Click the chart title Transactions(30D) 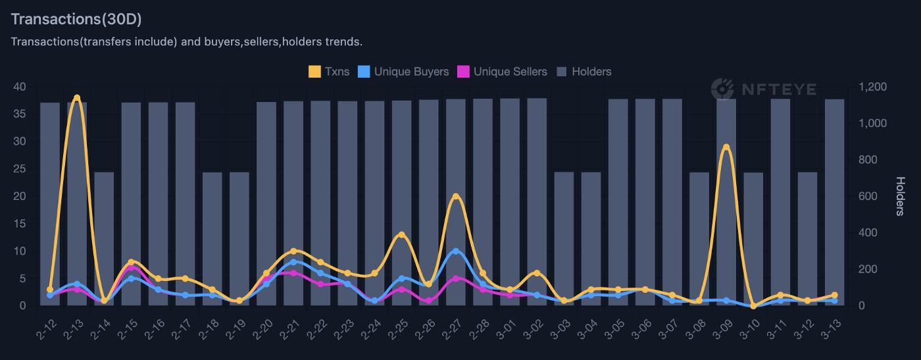pyautogui.click(x=76, y=19)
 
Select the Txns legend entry pyautogui.click(x=329, y=71)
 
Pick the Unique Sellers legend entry pyautogui.click(x=502, y=71)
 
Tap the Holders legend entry pyautogui.click(x=584, y=71)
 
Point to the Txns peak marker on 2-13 pyautogui.click(x=77, y=98)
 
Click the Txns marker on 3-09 pyautogui.click(x=726, y=147)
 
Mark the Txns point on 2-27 pyautogui.click(x=456, y=196)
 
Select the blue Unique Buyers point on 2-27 pyautogui.click(x=456, y=251)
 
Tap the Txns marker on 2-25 pyautogui.click(x=402, y=235)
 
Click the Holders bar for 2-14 pyautogui.click(x=104, y=239)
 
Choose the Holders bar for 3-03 pyautogui.click(x=564, y=239)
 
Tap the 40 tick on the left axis pyautogui.click(x=20, y=87)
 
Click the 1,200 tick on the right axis pyautogui.click(x=872, y=87)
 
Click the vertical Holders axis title pyautogui.click(x=900, y=196)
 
